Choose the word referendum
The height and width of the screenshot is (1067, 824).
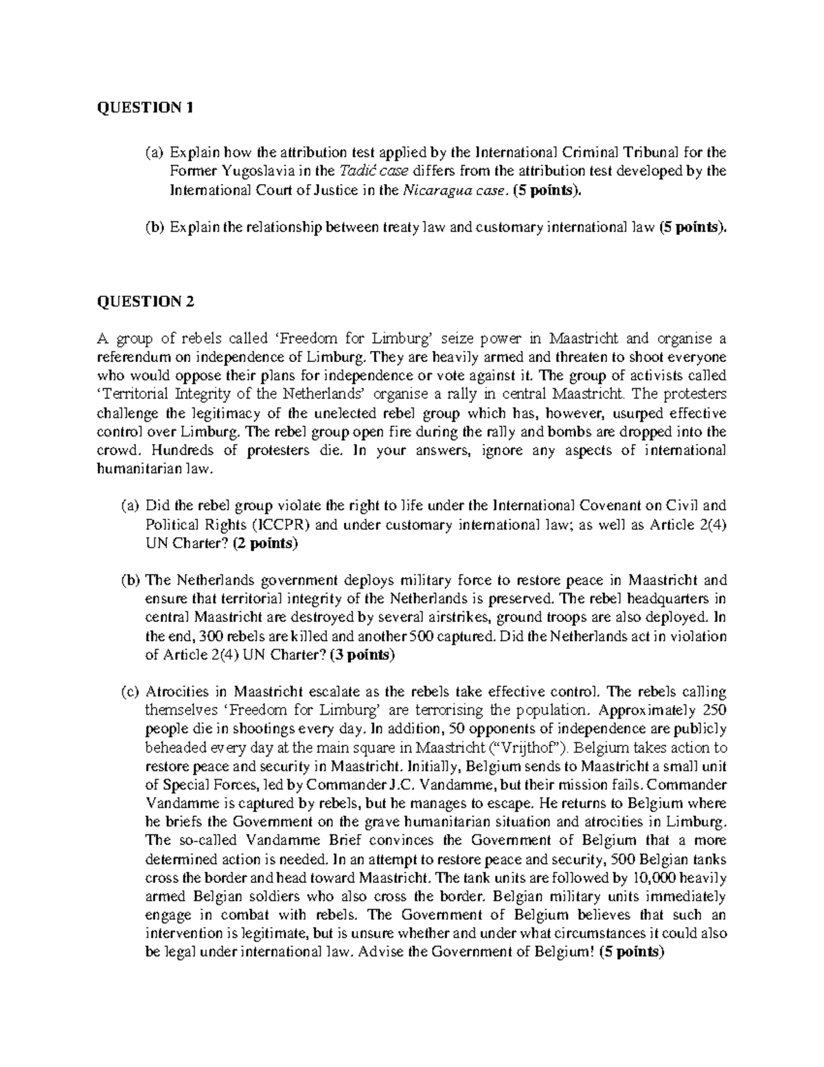[x=130, y=358]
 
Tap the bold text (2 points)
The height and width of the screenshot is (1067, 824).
[x=265, y=544]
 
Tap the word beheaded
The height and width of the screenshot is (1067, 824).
[x=172, y=748]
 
